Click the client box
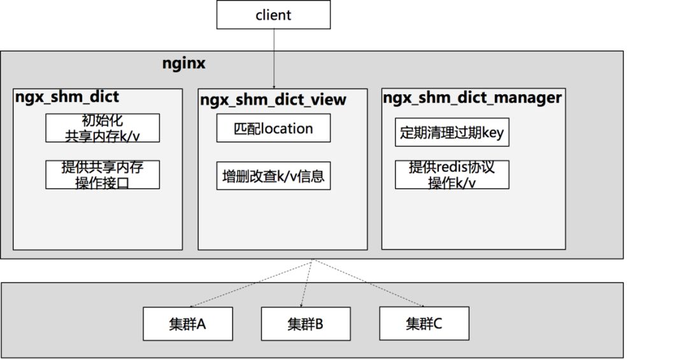(x=273, y=15)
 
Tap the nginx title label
(x=185, y=64)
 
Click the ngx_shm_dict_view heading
(x=273, y=99)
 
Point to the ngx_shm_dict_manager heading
(x=472, y=97)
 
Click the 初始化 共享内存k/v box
(x=102, y=127)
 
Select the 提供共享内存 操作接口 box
(x=102, y=174)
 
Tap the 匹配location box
(x=273, y=128)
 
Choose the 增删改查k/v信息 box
(x=273, y=175)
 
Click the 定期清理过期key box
(x=452, y=133)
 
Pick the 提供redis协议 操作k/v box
(x=452, y=175)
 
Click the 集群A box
(x=188, y=324)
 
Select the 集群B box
(x=306, y=324)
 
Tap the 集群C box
(x=424, y=323)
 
